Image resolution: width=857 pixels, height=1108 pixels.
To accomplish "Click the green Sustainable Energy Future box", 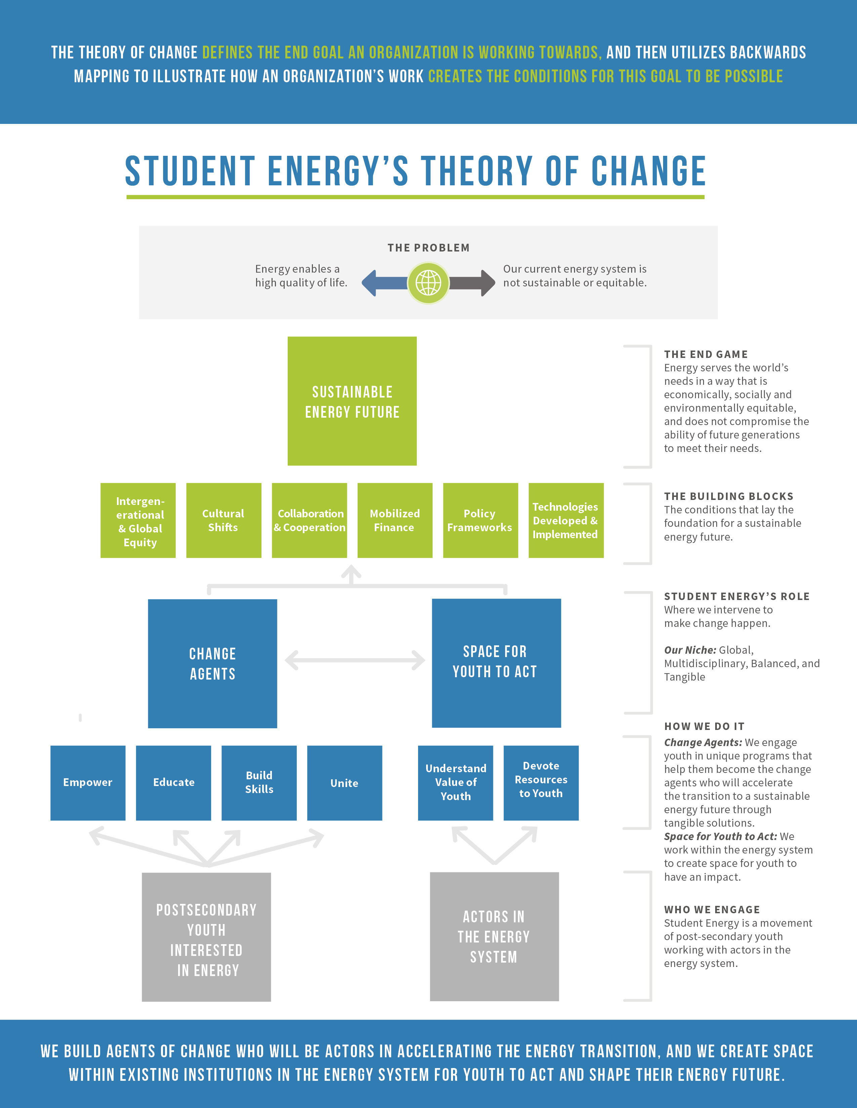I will tap(352, 401).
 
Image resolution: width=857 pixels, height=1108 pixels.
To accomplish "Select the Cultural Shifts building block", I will tap(223, 520).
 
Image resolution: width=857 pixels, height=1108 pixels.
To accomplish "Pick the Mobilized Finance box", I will tap(395, 520).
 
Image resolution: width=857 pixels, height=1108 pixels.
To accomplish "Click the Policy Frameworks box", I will tap(480, 520).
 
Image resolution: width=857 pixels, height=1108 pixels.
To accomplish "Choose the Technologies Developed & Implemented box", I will tap(566, 520).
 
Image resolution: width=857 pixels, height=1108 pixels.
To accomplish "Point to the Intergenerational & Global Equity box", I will tap(138, 520).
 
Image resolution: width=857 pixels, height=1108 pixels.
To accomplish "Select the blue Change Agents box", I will tap(212, 663).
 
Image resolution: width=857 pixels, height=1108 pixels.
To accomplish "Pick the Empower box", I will tap(88, 782).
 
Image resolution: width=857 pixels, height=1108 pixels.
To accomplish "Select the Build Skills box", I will tap(259, 782).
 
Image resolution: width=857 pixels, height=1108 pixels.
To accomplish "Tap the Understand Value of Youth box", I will tap(455, 782).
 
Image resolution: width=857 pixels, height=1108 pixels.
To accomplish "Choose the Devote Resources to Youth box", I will tap(541, 782).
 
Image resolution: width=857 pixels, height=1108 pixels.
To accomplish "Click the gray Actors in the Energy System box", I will tap(494, 936).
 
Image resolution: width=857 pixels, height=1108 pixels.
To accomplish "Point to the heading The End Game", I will tap(706, 354).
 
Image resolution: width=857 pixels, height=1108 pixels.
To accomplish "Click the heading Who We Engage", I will tap(712, 909).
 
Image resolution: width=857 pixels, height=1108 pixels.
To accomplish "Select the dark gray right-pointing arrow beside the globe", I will tap(472, 283).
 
